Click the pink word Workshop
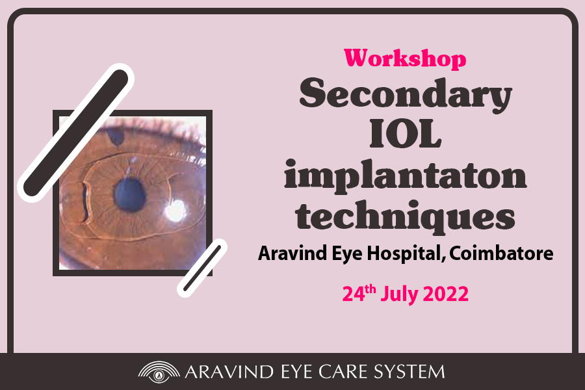[405, 59]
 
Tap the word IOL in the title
[406, 134]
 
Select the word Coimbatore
[501, 253]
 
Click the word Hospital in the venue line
[406, 253]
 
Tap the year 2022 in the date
[446, 294]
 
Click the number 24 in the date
[354, 294]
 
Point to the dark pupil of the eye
[129, 196]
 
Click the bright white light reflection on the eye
[175, 211]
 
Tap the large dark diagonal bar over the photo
[76, 133]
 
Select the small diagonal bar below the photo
[202, 268]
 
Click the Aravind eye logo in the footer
[159, 372]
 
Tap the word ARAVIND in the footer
[229, 372]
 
